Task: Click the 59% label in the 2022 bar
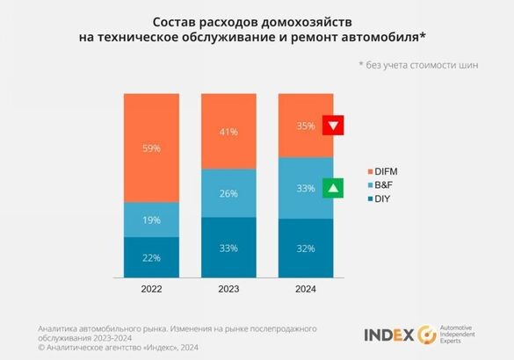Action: pos(151,148)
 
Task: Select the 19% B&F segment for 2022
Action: pos(151,220)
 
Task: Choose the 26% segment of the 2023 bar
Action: pos(228,193)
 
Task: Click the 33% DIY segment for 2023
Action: pos(228,248)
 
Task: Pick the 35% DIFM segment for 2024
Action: pos(306,126)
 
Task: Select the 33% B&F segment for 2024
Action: pos(306,188)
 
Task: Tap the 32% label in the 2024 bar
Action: pos(306,248)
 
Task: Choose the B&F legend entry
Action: pos(380,184)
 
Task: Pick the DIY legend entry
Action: pos(379,199)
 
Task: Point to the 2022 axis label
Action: pos(151,287)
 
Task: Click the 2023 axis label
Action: pos(228,287)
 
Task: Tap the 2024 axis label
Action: pos(306,287)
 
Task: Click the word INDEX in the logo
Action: pos(389,335)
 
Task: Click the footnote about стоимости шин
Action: pos(417,65)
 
